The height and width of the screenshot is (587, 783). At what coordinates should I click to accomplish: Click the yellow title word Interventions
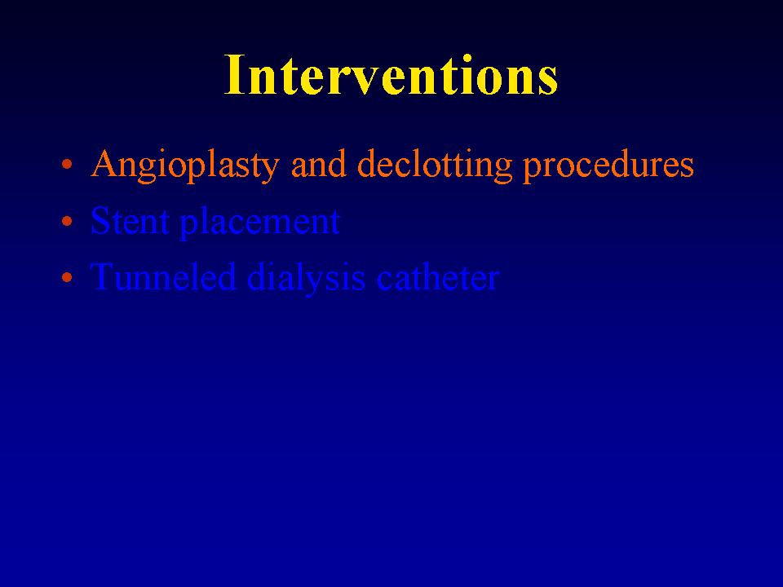click(391, 75)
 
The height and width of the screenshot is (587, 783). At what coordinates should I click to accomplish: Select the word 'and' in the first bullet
click(319, 164)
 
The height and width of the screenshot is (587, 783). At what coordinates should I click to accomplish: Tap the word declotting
click(435, 166)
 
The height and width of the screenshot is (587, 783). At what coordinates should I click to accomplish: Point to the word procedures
click(608, 166)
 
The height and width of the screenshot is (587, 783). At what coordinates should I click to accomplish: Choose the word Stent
click(130, 221)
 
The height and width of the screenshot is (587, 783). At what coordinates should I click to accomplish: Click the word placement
click(259, 223)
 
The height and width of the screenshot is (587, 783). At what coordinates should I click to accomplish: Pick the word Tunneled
click(162, 276)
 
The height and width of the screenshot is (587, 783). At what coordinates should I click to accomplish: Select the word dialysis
click(306, 279)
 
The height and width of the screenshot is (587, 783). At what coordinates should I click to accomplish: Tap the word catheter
click(437, 277)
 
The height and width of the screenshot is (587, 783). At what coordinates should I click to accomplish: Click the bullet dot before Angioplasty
click(67, 164)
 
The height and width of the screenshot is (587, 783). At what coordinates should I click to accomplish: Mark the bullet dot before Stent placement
click(67, 221)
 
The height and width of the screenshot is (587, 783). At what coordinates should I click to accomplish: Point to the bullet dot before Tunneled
click(67, 277)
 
